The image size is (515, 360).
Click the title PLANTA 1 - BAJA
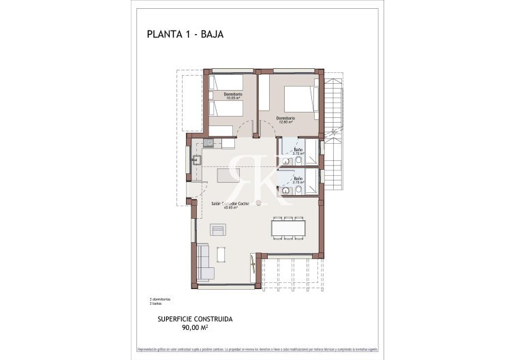[185, 33]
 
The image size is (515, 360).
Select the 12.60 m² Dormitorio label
[286, 120]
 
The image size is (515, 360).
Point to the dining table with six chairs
[287, 227]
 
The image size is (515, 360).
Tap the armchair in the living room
[217, 230]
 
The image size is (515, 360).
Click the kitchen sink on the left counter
[196, 160]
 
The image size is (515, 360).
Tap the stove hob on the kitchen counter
[209, 142]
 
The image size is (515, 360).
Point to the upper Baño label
[298, 151]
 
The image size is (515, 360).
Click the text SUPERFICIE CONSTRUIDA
[195, 318]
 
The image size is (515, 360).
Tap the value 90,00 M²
[195, 328]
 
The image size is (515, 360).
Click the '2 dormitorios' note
[160, 299]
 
